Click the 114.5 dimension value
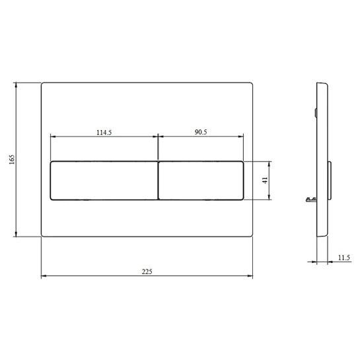[104, 133]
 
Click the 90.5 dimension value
[201, 132]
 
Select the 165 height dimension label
[12, 159]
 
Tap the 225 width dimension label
[147, 271]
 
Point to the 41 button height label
[265, 180]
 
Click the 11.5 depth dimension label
[343, 258]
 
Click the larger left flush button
[104, 180]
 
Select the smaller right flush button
[201, 180]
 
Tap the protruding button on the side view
[330, 180]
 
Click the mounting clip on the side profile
[311, 199]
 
